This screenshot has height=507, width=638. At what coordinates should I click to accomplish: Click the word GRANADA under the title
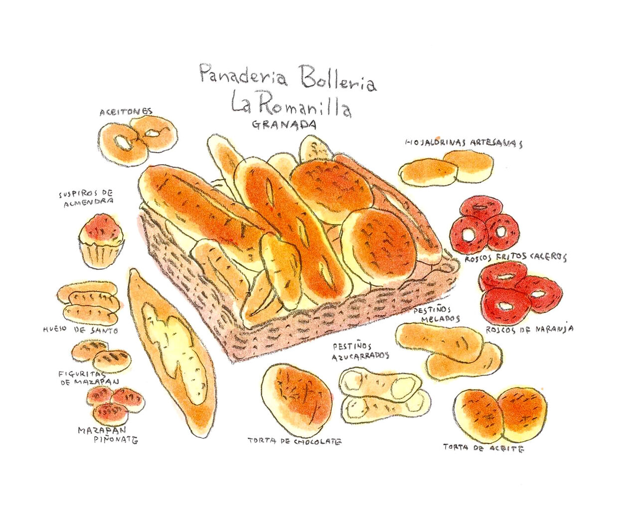click(x=284, y=125)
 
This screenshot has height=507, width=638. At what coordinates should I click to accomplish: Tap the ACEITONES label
click(x=126, y=112)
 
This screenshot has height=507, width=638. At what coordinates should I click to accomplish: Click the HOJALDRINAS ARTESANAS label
click(x=464, y=143)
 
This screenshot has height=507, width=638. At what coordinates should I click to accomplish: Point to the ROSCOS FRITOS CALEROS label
click(x=515, y=258)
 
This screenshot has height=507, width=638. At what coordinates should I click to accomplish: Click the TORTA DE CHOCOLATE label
click(x=295, y=441)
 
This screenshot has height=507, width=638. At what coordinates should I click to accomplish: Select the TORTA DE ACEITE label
click(x=483, y=448)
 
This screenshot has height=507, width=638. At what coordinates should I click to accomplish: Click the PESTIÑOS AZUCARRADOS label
click(x=360, y=351)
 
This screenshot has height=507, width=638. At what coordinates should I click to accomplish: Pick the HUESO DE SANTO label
click(x=80, y=330)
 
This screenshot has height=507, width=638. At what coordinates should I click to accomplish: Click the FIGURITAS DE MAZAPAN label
click(x=88, y=378)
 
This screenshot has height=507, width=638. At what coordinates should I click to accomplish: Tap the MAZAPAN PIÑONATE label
click(x=107, y=435)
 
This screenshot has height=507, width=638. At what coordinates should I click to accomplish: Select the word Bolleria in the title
click(x=337, y=80)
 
